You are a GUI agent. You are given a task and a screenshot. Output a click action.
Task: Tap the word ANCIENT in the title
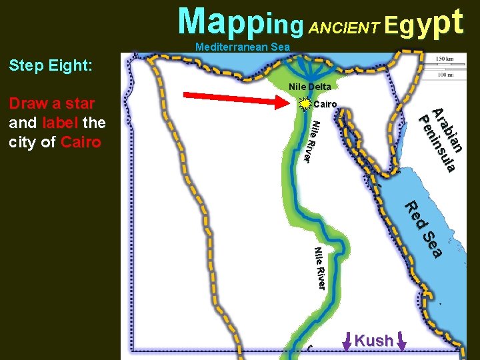tap(345, 27)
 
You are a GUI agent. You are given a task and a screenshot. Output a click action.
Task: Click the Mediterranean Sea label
tap(243, 47)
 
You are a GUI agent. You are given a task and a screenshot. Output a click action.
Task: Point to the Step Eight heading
tap(51, 66)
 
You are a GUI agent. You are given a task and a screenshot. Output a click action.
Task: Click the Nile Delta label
tap(309, 87)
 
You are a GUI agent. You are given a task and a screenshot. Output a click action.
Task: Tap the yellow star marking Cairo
tap(305, 104)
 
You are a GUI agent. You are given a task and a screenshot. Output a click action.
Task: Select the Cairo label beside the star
tap(325, 104)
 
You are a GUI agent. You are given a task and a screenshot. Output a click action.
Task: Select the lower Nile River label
tap(319, 268)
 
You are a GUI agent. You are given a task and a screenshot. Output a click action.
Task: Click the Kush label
tap(374, 341)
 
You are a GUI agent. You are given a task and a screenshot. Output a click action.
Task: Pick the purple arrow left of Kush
tap(347, 341)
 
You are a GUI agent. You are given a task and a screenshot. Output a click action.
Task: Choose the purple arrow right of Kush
tap(402, 341)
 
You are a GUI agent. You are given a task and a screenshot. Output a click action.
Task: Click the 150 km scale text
tap(445, 60)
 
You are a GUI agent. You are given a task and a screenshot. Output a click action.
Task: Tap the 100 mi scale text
tap(445, 73)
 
